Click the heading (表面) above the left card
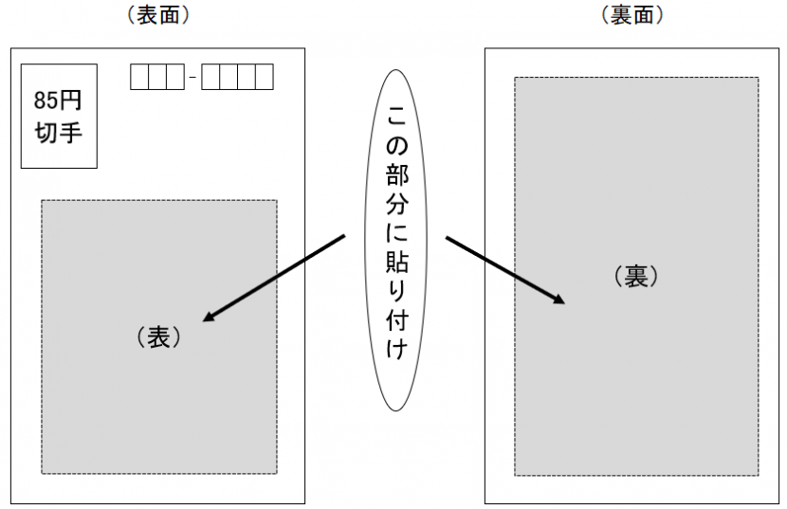tap(157, 14)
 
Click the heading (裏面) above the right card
tap(631, 14)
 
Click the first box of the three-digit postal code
tap(138, 77)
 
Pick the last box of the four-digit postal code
tap(264, 77)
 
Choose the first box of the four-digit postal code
tap(211, 77)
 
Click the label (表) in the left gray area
tap(158, 337)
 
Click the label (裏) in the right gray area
tap(635, 277)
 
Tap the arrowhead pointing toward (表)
tap(210, 317)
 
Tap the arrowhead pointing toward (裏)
tap(558, 299)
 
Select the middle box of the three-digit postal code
tap(156, 77)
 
